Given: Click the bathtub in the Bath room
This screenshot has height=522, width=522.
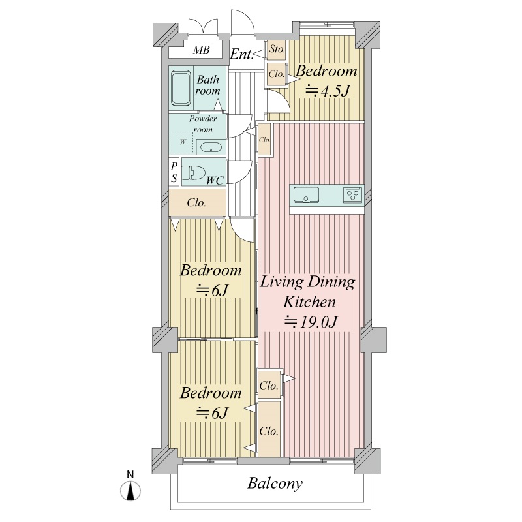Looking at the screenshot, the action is pos(181,88).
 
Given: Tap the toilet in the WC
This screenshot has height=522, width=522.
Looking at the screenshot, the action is pos(193,172).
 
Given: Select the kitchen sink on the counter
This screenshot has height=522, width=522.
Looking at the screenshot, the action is pos(306,194).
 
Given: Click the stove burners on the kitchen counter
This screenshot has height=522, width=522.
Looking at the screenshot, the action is pos(352,194).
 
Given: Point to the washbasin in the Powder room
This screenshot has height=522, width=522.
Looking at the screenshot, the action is pos(211,147).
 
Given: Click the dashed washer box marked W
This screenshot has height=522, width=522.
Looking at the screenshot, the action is pos(183,142).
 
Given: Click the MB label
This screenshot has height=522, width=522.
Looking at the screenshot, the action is pos(202,50).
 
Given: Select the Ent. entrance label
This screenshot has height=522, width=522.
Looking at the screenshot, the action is pos(241,54).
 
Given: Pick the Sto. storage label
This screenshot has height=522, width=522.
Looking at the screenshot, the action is pos(277,50).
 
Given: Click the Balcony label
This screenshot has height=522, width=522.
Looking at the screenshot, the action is pos(275,484).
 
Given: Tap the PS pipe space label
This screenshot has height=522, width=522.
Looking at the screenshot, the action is pos(174,172).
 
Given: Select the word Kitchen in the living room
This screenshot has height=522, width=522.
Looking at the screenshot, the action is pos(309,302).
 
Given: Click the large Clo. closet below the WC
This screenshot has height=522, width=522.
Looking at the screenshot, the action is pos(198,202).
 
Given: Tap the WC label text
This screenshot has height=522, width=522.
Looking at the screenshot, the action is pos(215,181).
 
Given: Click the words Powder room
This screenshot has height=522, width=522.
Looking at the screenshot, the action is pos(203,124).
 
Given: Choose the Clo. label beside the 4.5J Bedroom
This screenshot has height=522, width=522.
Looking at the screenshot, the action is pos(277,74).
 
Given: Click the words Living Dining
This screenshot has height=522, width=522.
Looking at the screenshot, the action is pos(307,282).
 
